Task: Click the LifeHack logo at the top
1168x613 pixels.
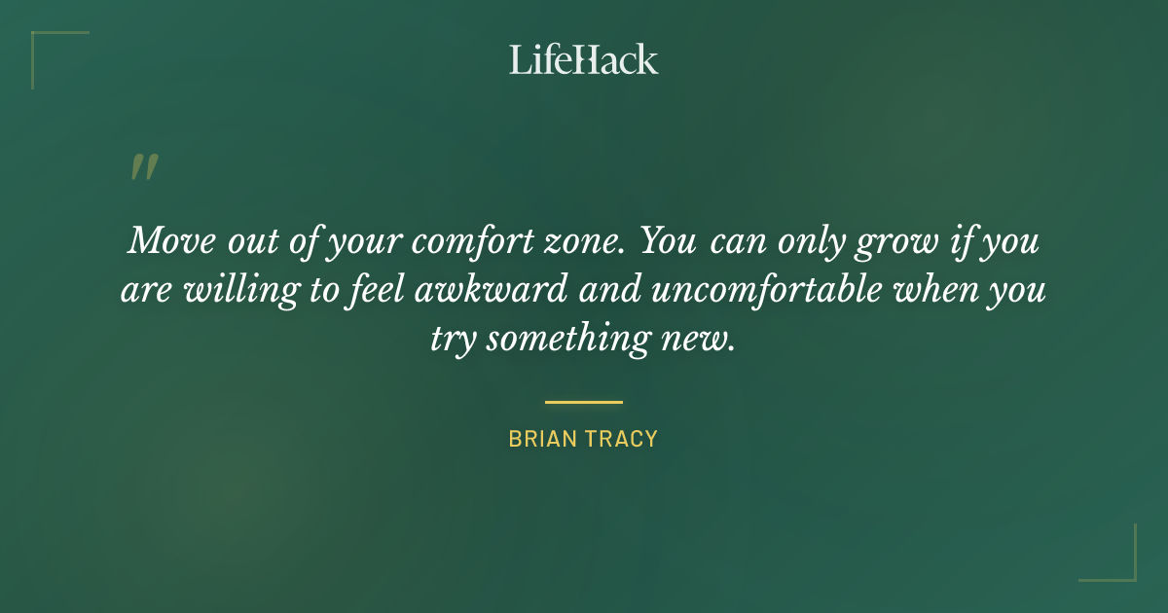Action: pos(583,59)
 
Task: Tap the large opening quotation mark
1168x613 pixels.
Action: pos(143,167)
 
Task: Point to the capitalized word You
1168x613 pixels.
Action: pos(667,241)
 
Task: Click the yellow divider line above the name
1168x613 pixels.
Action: pos(583,401)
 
